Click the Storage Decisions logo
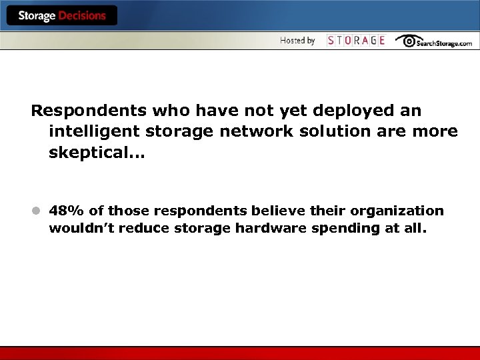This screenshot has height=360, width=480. coord(61,16)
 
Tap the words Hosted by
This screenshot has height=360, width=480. coord(297,41)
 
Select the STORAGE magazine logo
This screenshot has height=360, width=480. coord(356,41)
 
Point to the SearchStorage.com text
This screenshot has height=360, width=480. coord(444,43)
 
